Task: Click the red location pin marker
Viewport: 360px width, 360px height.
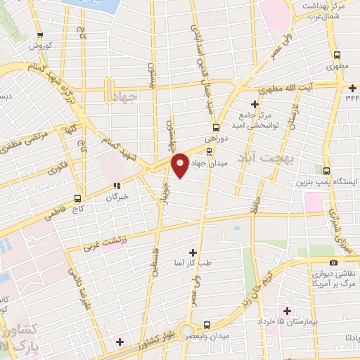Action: [x=180, y=165]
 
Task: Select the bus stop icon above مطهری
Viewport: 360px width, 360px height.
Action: [x=337, y=54]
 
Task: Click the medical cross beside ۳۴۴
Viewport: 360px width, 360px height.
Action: [x=352, y=87]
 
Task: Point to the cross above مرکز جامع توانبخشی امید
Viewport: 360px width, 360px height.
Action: [x=255, y=104]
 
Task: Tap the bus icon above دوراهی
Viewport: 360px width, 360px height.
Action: [x=216, y=128]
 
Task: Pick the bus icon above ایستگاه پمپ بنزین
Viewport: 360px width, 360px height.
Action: [x=327, y=170]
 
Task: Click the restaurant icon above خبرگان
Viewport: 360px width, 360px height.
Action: [x=117, y=186]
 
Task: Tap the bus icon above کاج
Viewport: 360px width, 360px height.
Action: [x=78, y=198]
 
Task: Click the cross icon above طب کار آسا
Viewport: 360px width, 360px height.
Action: [x=193, y=252]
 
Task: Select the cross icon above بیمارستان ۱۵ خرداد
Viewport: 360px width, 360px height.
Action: [x=286, y=310]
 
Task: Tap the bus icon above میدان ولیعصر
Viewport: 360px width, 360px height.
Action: [x=207, y=325]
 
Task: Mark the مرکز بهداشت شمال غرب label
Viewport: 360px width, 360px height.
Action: [x=324, y=9]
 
